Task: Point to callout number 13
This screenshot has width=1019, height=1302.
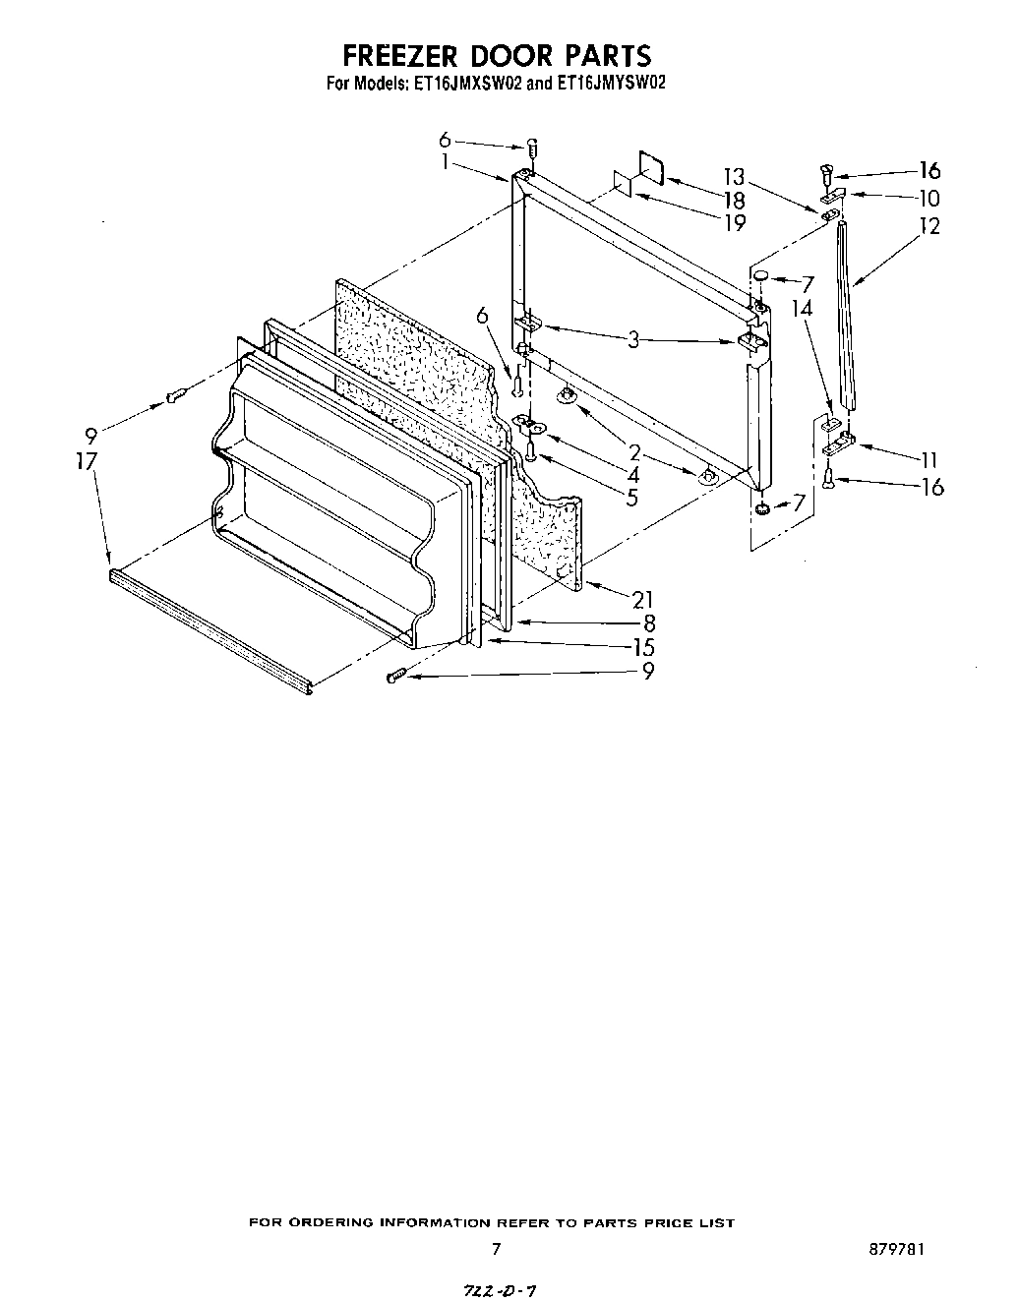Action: click(x=733, y=177)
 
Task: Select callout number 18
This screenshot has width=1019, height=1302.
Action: click(x=733, y=200)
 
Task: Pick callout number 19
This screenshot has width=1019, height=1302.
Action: click(x=733, y=223)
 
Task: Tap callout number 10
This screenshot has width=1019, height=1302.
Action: click(x=929, y=199)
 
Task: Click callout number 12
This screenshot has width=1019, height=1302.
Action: click(x=929, y=225)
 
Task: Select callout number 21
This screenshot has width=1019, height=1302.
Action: click(x=642, y=599)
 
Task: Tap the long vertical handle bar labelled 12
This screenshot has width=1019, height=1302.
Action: click(x=847, y=315)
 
